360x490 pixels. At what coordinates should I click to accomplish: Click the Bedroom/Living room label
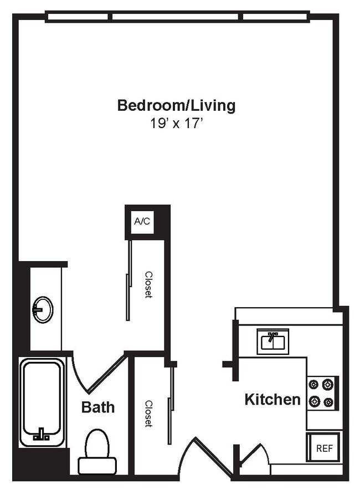[176, 105]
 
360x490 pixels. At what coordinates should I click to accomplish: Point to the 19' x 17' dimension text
[176, 123]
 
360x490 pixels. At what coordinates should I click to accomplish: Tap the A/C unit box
[142, 222]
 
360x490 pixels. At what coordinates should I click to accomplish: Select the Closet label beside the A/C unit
[148, 284]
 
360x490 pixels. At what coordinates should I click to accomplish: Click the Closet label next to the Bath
[148, 414]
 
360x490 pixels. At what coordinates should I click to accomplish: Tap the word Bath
[98, 407]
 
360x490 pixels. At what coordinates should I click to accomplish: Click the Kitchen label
[272, 399]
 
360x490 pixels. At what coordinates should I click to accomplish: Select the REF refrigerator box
[324, 448]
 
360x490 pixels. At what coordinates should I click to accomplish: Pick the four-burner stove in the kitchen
[322, 392]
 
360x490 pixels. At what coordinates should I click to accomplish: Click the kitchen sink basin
[272, 342]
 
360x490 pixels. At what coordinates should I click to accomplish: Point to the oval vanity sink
[43, 309]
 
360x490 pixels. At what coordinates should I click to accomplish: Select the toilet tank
[97, 466]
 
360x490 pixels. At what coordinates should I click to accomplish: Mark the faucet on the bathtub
[42, 435]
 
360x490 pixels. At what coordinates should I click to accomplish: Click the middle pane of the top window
[177, 17]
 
